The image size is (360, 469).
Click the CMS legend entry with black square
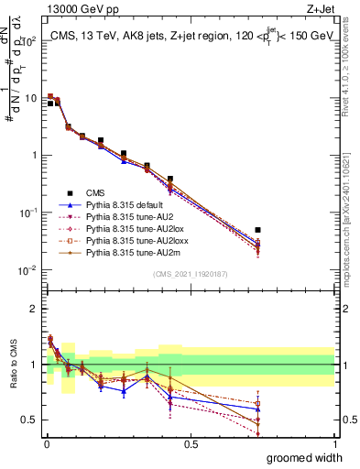96,193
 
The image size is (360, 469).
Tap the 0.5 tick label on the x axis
190,444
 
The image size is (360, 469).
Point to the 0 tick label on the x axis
46,444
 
